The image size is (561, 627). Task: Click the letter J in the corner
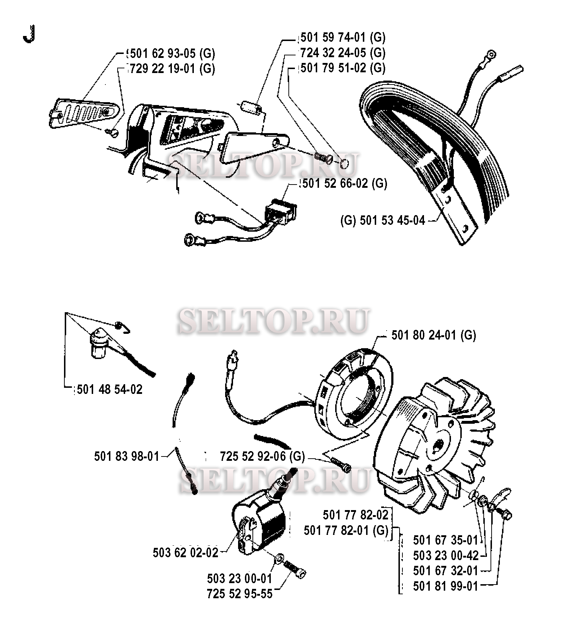click(28, 34)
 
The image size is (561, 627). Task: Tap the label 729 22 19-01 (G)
click(172, 68)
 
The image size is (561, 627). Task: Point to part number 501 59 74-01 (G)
click(343, 37)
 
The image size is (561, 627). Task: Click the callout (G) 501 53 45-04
click(383, 220)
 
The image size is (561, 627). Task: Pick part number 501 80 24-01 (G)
click(434, 335)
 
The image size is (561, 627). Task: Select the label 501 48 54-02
click(110, 389)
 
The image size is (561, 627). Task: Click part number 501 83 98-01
click(127, 456)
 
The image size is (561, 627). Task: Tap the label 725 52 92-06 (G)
click(263, 456)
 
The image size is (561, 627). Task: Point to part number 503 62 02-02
click(186, 553)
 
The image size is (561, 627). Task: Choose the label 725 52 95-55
click(240, 594)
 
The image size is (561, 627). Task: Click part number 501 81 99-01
click(446, 586)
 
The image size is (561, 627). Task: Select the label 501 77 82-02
click(356, 515)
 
